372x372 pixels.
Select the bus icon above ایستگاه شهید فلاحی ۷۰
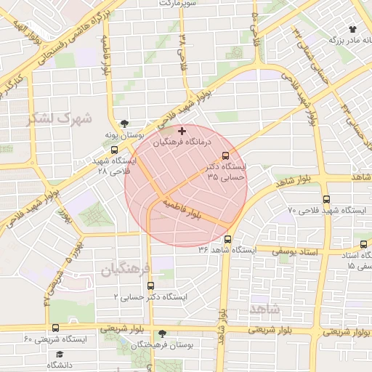coord(326,198)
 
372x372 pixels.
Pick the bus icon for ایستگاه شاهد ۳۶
coord(228,239)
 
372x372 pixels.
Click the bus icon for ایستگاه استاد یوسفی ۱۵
coord(362,246)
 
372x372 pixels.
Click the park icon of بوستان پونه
coord(126,124)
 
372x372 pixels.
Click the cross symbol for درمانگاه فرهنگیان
coord(181,130)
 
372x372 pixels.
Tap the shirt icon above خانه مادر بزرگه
coord(353,29)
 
